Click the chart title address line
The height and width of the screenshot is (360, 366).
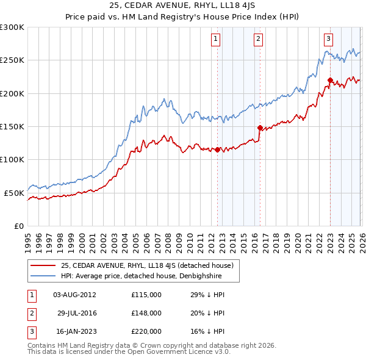point(182,5)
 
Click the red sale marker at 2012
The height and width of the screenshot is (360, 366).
point(217,149)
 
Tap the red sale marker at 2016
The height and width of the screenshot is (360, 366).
point(260,128)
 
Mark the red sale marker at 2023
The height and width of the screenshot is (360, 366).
point(330,80)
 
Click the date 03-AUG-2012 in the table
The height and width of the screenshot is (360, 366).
point(74,295)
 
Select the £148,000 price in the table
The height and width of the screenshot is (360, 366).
point(146,312)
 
